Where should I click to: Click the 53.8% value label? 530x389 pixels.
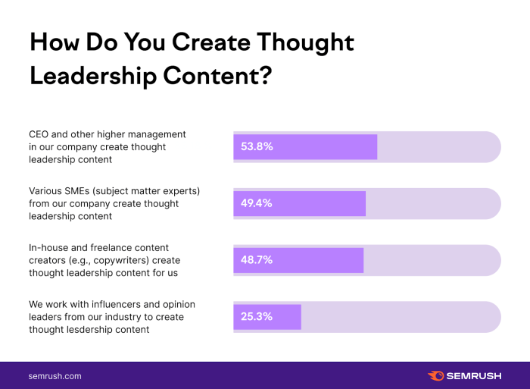coord(257,146)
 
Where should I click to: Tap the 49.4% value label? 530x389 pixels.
coord(257,203)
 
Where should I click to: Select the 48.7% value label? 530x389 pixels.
coord(257,259)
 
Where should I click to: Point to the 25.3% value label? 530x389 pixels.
coord(257,316)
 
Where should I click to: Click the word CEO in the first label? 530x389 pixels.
coord(39,134)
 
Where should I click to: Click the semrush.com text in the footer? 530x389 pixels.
coord(55,376)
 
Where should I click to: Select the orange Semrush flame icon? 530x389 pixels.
coord(435,376)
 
